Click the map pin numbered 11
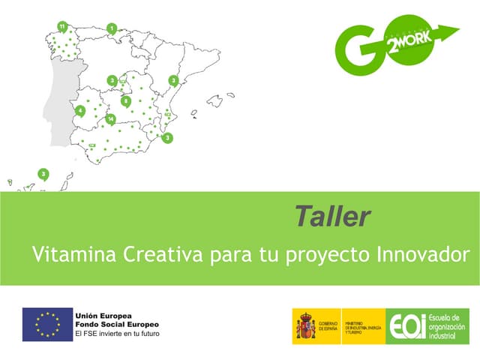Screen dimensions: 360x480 [62, 26]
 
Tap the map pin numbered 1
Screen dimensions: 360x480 [112, 28]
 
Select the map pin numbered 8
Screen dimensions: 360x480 [125, 100]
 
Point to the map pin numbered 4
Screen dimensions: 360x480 [80, 110]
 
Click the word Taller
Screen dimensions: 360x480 [332, 216]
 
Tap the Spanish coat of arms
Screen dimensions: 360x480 [306, 326]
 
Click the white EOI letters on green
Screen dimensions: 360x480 [406, 326]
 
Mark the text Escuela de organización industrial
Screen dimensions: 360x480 [448, 326]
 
